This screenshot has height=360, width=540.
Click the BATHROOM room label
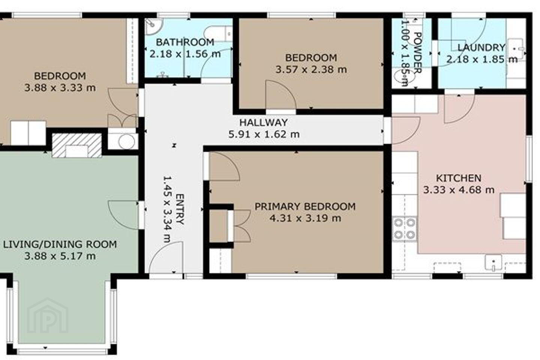point(185,42)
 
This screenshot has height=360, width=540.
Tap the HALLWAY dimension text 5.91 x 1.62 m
point(264,134)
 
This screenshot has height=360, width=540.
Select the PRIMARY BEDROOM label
point(305,207)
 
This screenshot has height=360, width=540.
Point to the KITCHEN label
point(459,178)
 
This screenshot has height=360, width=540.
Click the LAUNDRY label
point(481,48)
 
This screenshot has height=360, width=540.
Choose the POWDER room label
point(417,52)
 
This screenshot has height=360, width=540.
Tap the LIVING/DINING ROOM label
point(60,244)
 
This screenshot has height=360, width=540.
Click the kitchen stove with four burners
point(404,229)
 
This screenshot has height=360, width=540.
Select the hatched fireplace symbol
point(77,146)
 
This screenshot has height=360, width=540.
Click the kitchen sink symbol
point(493,263)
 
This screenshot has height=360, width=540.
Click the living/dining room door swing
point(123,214)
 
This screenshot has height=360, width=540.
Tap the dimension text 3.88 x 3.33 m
point(60,87)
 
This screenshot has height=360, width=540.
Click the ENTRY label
point(180,209)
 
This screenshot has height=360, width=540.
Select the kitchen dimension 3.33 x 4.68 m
point(459,190)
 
